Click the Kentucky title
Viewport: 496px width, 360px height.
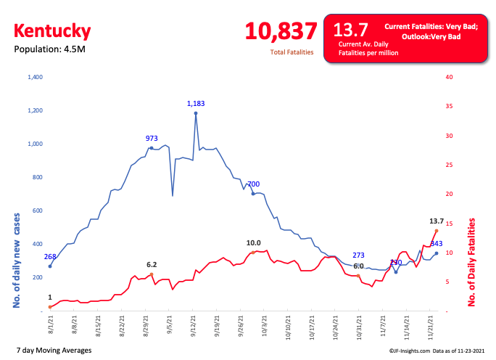[52, 31]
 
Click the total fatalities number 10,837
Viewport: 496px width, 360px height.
[281, 31]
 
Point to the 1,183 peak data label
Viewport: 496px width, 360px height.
[196, 104]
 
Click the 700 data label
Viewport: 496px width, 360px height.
[253, 184]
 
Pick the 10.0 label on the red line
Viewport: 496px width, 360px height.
[254, 243]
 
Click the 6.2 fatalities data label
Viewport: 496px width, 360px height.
[151, 265]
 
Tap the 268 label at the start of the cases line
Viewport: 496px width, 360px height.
[50, 257]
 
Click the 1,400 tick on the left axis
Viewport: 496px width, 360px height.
[36, 77]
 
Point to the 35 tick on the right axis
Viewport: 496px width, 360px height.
[450, 106]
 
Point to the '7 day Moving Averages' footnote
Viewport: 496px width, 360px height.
[53, 351]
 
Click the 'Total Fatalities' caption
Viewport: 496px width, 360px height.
[291, 53]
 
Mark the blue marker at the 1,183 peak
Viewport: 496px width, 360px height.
[196, 113]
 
